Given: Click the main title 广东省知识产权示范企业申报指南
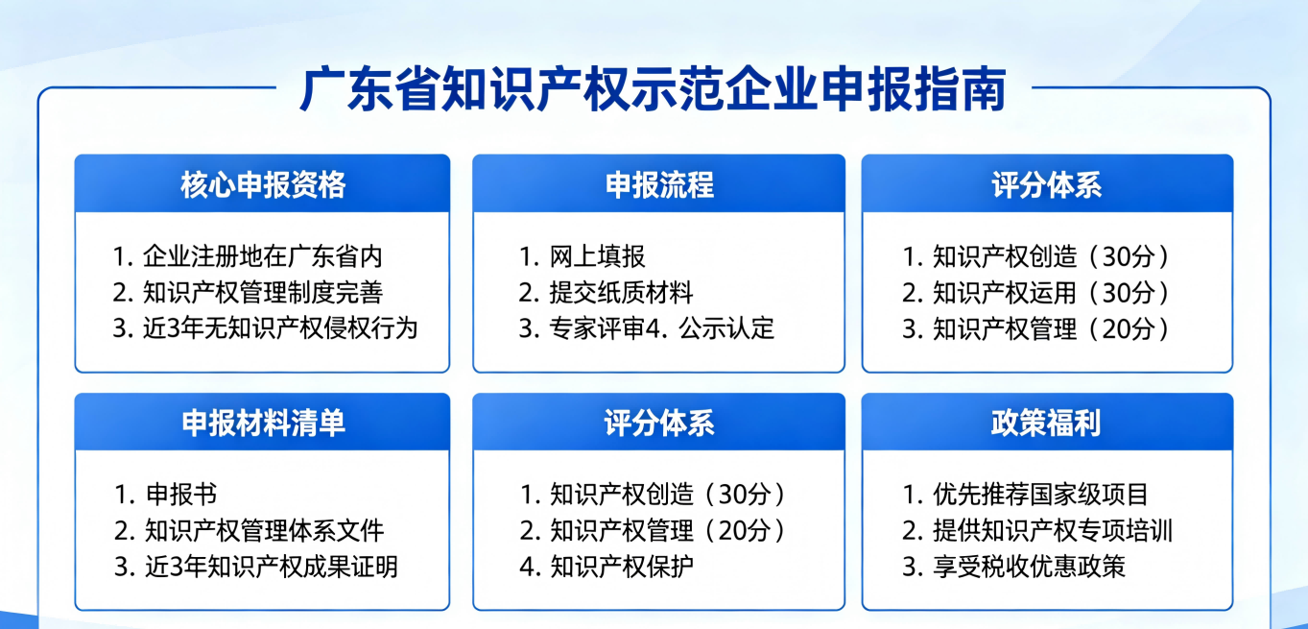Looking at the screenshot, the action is (x=653, y=89).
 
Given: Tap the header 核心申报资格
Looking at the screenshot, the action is (x=263, y=185).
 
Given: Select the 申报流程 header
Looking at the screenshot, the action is (x=659, y=185).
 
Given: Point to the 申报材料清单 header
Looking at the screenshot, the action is (x=263, y=423).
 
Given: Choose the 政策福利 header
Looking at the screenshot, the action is (x=1046, y=423).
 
